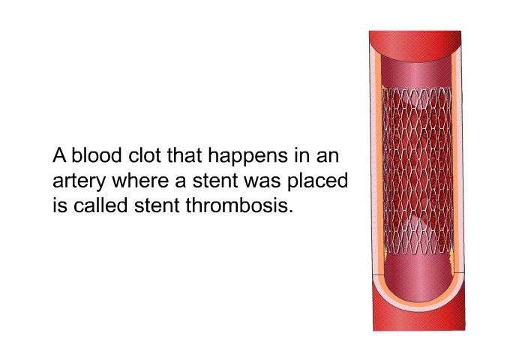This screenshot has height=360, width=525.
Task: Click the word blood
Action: (96, 155)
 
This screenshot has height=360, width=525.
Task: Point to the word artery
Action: (79, 181)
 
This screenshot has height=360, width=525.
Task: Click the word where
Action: (140, 180)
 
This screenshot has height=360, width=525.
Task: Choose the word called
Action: (100, 205)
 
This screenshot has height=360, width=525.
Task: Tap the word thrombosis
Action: (239, 205)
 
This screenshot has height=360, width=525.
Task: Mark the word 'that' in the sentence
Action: (184, 155)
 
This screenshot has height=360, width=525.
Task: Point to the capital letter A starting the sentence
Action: (59, 156)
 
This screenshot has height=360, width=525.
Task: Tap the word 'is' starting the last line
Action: (59, 205)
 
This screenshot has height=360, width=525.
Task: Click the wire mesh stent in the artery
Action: (417, 171)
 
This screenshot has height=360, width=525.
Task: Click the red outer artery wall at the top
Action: (415, 45)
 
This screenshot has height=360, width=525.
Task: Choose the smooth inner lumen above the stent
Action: (416, 72)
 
